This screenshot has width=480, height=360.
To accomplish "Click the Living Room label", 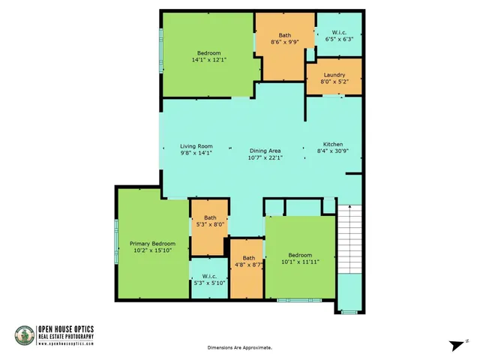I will coord(196,146).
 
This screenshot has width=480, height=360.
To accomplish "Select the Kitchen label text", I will coord(332,144).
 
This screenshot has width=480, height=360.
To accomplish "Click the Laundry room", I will coord(334,76).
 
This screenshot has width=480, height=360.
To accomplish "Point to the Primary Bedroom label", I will coord(153,244).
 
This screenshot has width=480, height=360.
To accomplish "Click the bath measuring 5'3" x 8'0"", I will coord(209,218).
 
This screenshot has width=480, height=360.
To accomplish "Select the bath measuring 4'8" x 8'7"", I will coord(247,259).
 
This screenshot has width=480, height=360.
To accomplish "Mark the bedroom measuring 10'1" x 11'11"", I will coord(299,256).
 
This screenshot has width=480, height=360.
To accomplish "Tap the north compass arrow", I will coord(455,343).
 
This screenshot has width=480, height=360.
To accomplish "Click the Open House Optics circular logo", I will coord(24,336).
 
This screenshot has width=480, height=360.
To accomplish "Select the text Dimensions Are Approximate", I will coord(239,348).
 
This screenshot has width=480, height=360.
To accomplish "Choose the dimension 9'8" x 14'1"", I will coord(196,153).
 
